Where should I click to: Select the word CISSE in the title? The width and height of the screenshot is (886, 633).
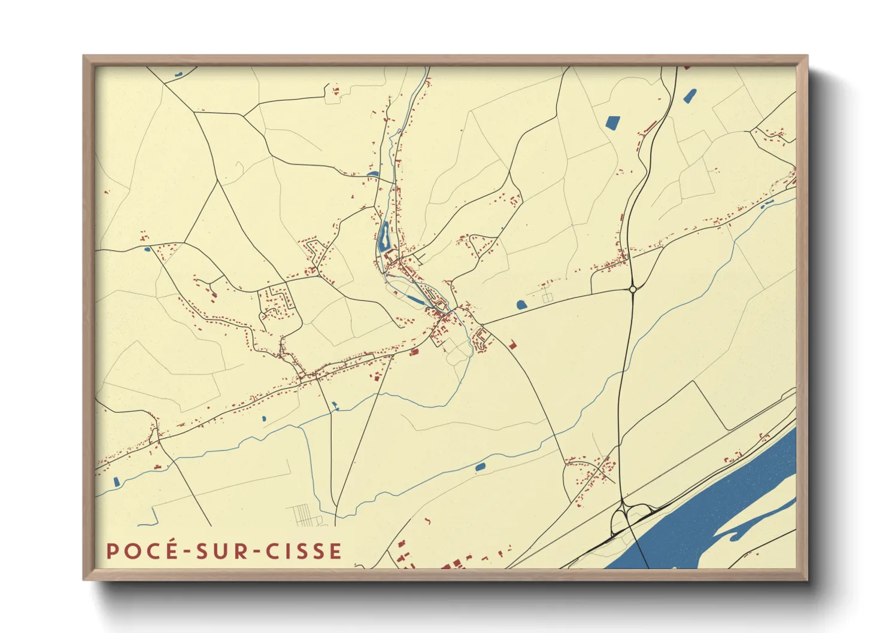(304, 551)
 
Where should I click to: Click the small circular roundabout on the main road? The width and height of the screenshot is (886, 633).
(633, 290)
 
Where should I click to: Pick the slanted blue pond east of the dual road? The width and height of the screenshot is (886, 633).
(690, 95)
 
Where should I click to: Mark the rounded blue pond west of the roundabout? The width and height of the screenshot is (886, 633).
(521, 305)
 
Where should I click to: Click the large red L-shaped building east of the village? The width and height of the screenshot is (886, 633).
(512, 345)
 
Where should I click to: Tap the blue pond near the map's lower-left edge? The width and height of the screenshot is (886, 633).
(116, 481)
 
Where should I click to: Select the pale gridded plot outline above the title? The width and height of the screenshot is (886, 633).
(304, 515)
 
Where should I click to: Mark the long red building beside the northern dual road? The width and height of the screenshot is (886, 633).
(650, 127)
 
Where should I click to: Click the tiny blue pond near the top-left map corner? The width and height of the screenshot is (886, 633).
(178, 74)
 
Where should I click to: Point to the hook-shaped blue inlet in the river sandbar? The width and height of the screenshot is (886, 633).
(742, 529)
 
